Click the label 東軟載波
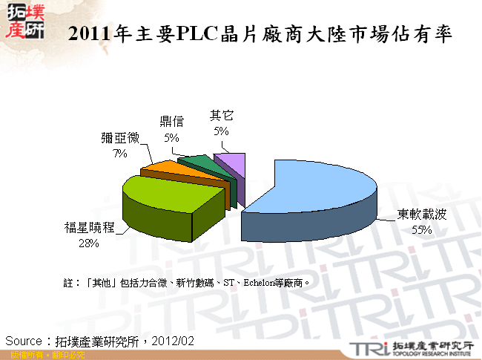[422, 215]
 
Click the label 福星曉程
[89, 228]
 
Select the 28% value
[89, 242]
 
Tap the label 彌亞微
[120, 138]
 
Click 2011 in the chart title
[87, 34]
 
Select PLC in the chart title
[193, 34]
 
